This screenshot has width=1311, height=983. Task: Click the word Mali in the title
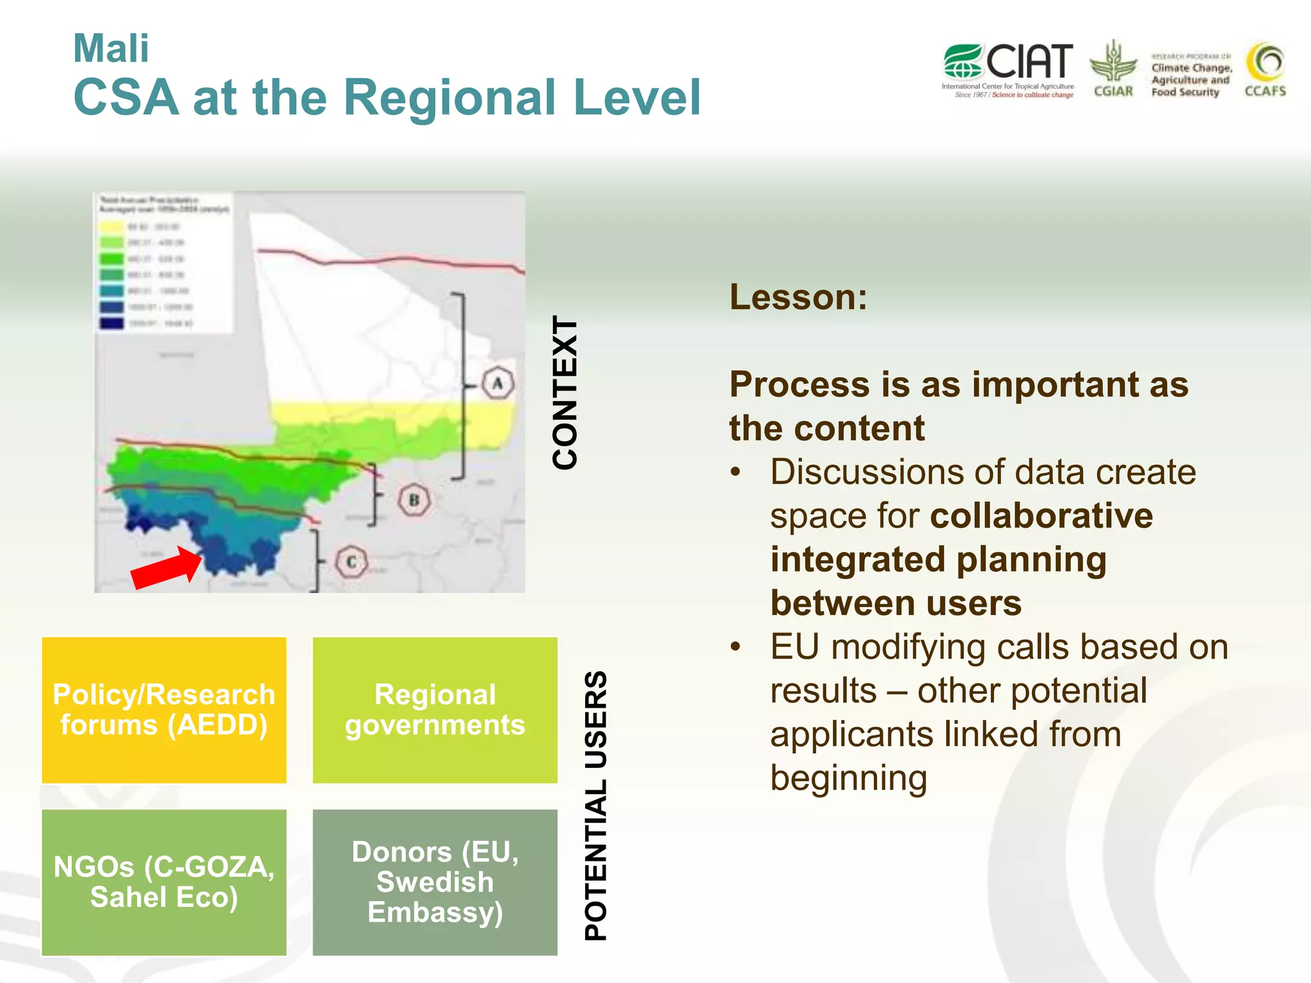[111, 49]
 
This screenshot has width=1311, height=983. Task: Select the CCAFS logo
[1265, 69]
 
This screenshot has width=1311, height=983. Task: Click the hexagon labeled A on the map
[497, 384]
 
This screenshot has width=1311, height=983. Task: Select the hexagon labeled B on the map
[414, 500]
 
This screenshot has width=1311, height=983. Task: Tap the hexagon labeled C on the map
[351, 562]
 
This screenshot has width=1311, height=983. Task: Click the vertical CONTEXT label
[565, 392]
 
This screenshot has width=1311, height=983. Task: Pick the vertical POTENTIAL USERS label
[596, 805]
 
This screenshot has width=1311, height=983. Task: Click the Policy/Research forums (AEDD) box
[164, 710]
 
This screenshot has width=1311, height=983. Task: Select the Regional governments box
[435, 710]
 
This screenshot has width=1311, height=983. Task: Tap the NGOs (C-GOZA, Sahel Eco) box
[164, 882]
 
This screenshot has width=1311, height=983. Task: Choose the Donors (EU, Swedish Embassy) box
[435, 882]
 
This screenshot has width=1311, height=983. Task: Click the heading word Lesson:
[798, 297]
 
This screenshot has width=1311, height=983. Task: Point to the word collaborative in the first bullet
[1041, 516]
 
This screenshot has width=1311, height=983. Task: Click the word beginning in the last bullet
[848, 778]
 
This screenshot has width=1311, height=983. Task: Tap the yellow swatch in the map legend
[111, 227]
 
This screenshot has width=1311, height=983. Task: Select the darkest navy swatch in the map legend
[111, 323]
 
